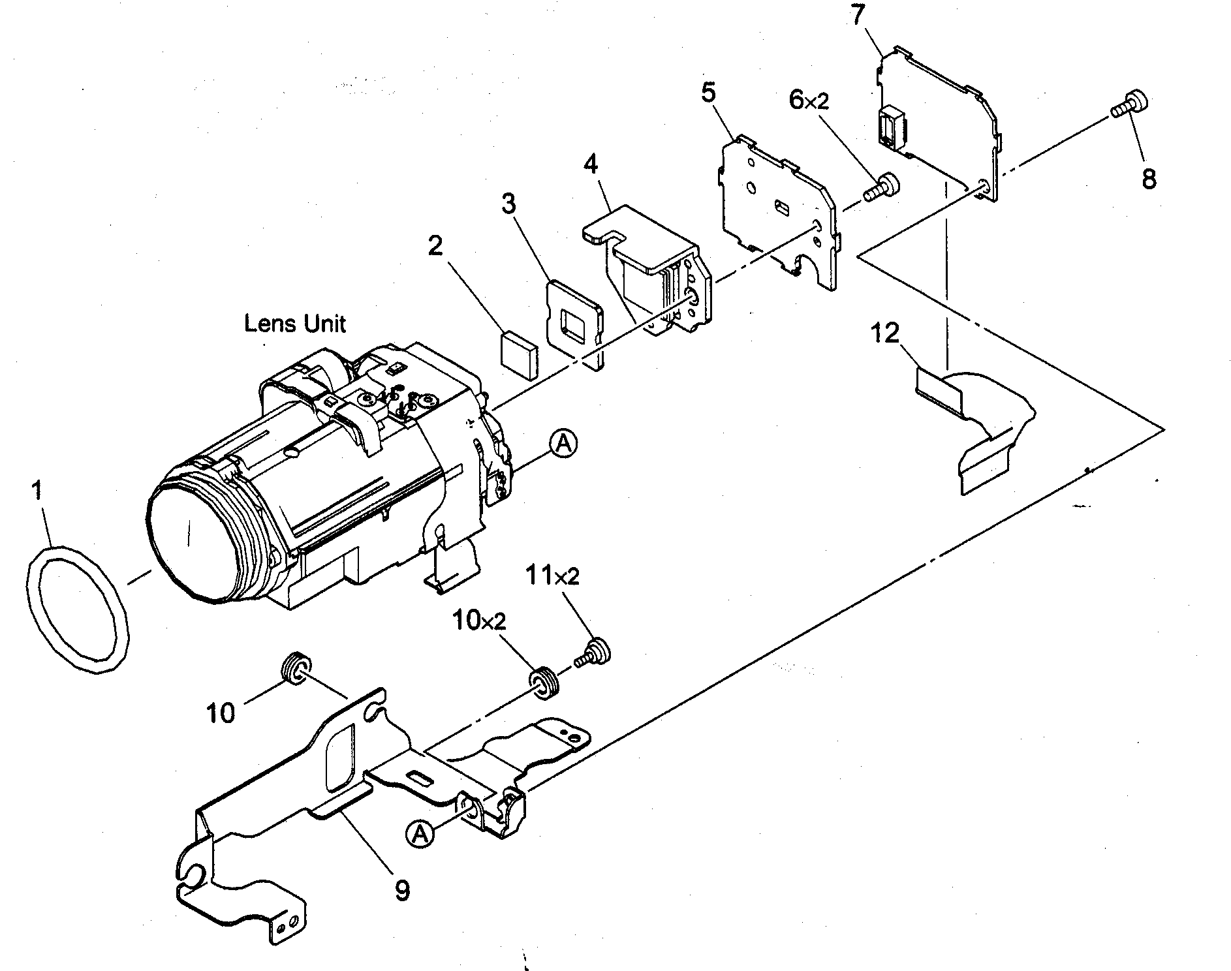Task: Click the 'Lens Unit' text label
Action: (x=295, y=323)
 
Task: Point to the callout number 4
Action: (x=590, y=164)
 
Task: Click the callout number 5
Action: (x=709, y=92)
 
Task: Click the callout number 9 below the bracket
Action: (x=403, y=889)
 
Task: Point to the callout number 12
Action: (x=885, y=334)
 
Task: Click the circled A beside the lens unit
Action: (x=564, y=444)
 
